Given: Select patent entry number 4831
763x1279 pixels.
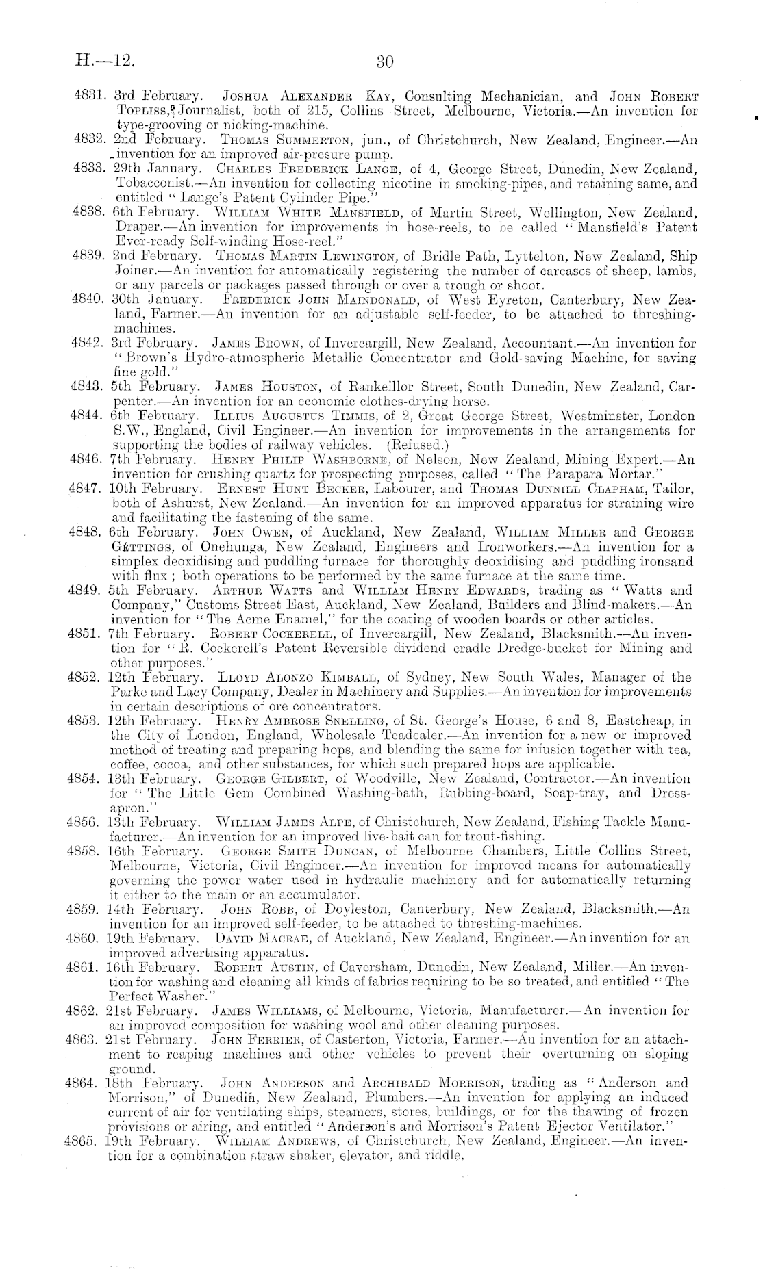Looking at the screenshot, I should [x=88, y=96].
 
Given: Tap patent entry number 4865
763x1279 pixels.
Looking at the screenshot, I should [x=88, y=1141].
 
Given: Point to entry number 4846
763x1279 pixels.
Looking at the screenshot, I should [x=88, y=459].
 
